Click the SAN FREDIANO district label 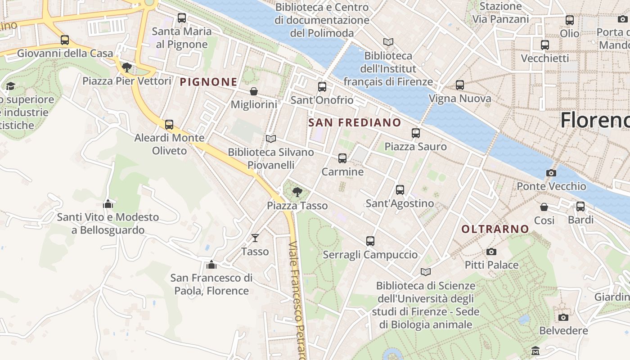355,122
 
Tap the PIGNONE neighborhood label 208,82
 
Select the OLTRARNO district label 495,229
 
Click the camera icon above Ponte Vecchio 551,173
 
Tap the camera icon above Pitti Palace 491,252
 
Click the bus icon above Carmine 342,158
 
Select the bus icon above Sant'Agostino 400,190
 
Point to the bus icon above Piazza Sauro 415,133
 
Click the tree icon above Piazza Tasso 297,192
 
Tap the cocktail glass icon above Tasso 255,238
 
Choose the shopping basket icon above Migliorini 254,91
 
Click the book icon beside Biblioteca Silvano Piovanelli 270,139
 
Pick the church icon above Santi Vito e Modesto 108,204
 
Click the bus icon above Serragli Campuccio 370,241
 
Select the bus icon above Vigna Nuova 459,85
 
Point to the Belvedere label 563,331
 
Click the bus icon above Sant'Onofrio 322,87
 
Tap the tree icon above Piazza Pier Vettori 126,67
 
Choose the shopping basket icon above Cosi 544,207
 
